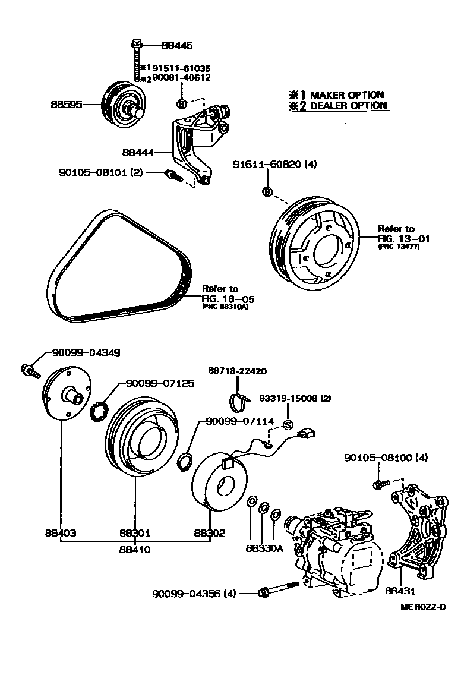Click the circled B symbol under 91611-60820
[x=267, y=191]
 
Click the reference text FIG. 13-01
[x=403, y=238]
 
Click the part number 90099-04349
[x=86, y=352]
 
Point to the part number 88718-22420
[x=237, y=371]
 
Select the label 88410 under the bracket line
[x=136, y=550]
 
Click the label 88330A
[x=263, y=548]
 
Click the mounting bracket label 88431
[x=400, y=591]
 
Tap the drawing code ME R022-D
[x=422, y=607]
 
